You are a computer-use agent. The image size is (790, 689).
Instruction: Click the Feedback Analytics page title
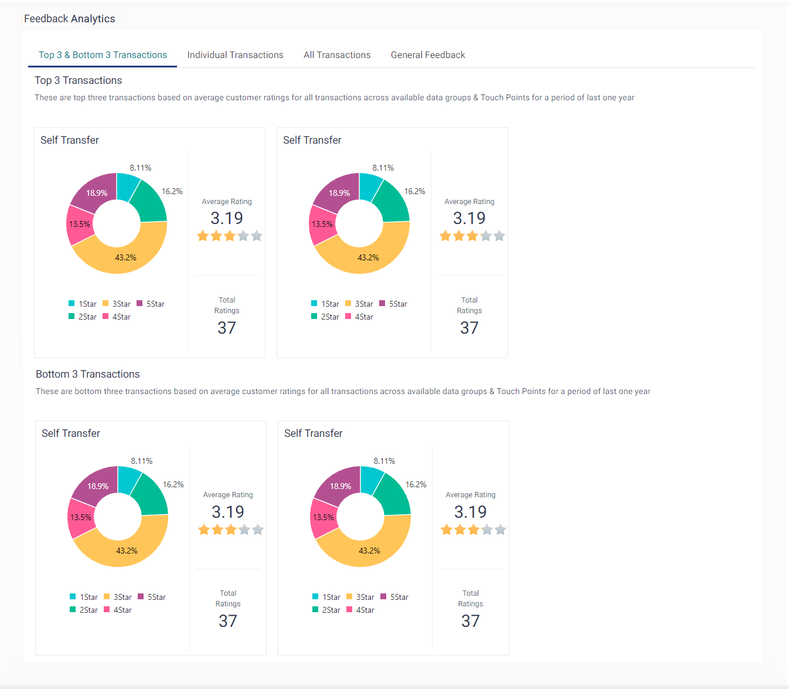(x=69, y=19)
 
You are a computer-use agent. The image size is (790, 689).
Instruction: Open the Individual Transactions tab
(x=235, y=55)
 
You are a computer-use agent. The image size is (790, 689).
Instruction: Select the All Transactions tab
(x=337, y=55)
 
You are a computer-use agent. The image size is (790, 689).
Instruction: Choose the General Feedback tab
(x=428, y=55)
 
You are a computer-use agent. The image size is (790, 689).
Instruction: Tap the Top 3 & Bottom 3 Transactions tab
(x=103, y=55)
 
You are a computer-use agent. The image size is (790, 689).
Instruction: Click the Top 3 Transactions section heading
(x=78, y=80)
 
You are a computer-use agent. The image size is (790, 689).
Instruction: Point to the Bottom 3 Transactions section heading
(x=87, y=374)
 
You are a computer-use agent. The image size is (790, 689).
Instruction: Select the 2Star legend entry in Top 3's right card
(x=325, y=317)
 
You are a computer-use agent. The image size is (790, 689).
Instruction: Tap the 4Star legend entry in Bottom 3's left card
(x=118, y=610)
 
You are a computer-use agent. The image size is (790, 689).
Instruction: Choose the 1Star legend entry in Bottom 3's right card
(x=326, y=597)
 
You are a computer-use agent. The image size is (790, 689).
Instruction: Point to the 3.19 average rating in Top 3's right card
(x=469, y=218)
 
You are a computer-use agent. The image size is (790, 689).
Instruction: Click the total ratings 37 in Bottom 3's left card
(x=227, y=621)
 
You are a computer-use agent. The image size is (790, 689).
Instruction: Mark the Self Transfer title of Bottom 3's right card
(x=313, y=433)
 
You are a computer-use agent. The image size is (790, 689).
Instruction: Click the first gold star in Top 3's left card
(x=203, y=236)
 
